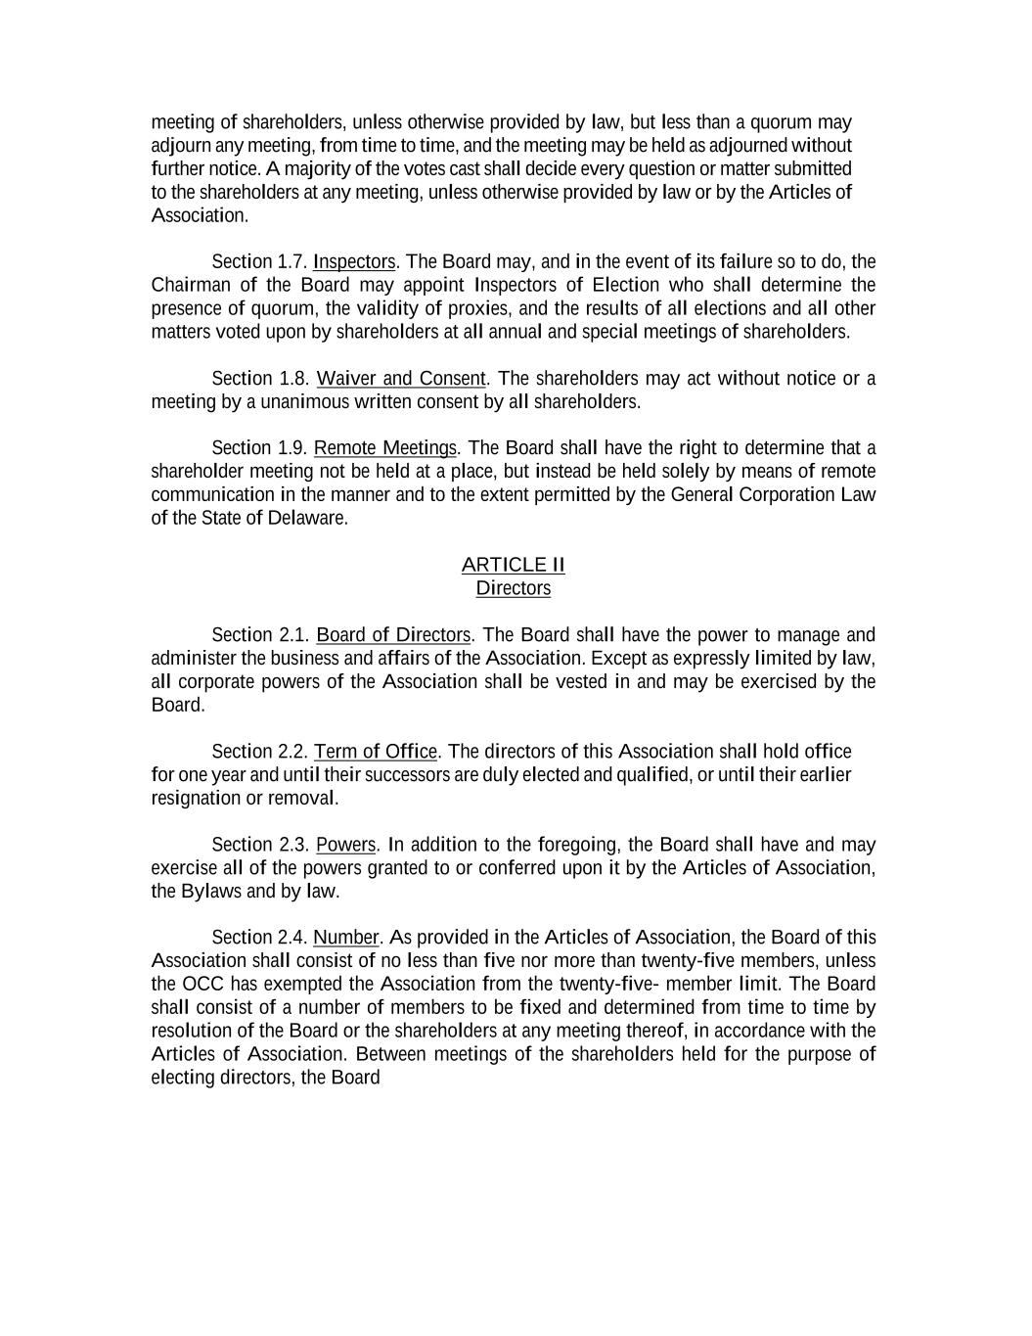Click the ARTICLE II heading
pos(513,565)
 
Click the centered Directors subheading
pos(513,588)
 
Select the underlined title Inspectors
pos(354,261)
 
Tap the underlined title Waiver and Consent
pos(401,378)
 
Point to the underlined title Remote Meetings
pos(385,448)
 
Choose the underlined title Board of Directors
pos(393,634)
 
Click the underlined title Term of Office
pos(376,752)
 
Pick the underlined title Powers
pos(345,845)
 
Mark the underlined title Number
pos(345,938)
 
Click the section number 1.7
pos(292,261)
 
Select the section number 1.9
pos(292,448)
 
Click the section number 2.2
pos(292,752)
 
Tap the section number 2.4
pos(292,938)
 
